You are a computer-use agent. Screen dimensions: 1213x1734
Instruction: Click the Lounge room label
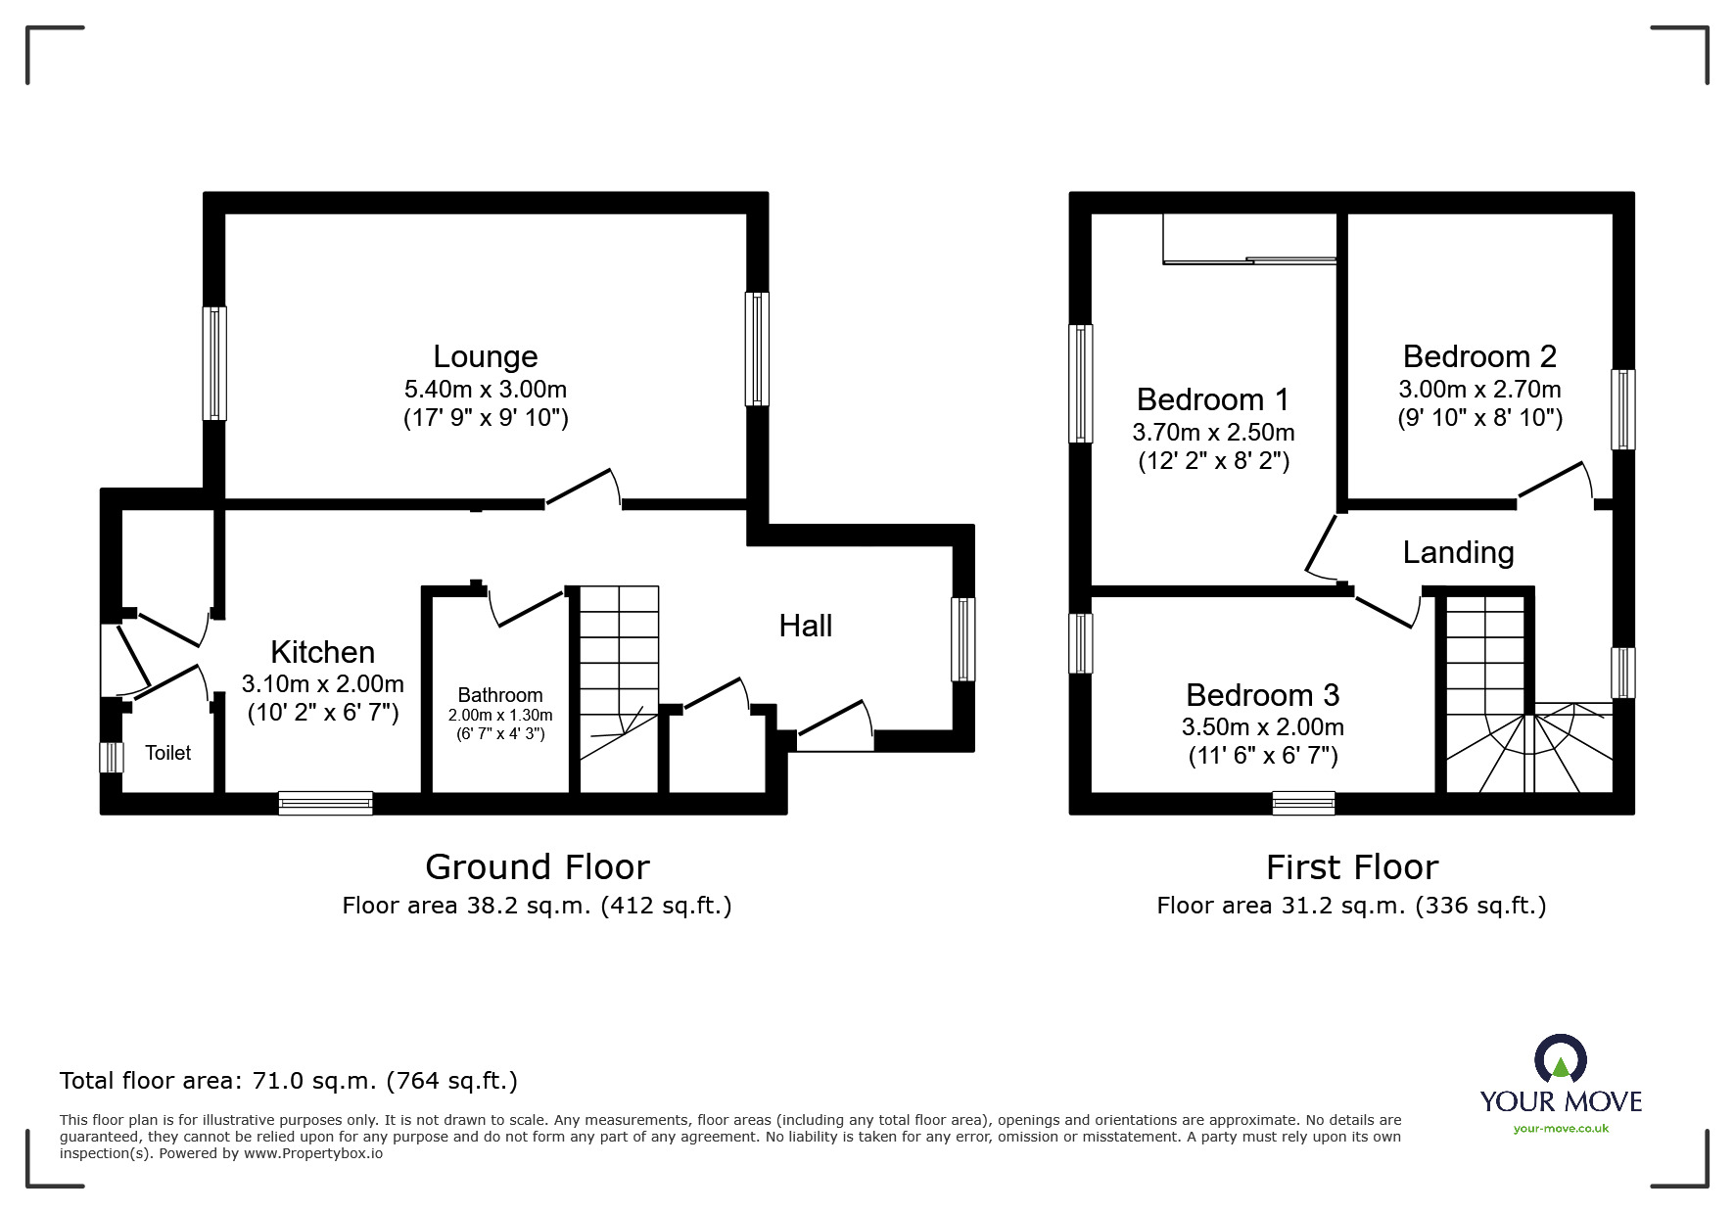[486, 356]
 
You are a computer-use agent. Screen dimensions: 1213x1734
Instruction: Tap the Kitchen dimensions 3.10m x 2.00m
[323, 683]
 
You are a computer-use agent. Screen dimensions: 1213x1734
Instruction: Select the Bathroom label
[499, 695]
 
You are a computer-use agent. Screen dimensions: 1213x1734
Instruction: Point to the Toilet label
[168, 752]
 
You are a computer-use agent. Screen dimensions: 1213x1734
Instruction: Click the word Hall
[805, 626]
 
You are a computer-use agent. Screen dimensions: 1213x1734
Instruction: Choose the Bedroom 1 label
[1212, 399]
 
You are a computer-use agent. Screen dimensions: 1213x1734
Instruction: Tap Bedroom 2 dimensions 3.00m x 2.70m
[1479, 389]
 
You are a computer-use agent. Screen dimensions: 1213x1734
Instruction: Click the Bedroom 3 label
[1262, 695]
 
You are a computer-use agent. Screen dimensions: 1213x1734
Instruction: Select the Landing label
[1458, 552]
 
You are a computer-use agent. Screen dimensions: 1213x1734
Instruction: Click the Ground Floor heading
[537, 867]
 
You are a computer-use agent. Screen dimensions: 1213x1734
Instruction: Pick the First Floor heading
[1351, 867]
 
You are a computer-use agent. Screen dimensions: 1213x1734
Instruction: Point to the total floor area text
[289, 1081]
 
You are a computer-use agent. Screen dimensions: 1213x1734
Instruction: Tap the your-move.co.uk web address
[1561, 1129]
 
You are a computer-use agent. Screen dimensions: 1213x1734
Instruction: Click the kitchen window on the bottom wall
[325, 803]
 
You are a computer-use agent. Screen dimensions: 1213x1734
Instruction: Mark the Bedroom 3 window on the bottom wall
[1303, 803]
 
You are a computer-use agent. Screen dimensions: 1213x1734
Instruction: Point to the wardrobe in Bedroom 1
[1249, 239]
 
